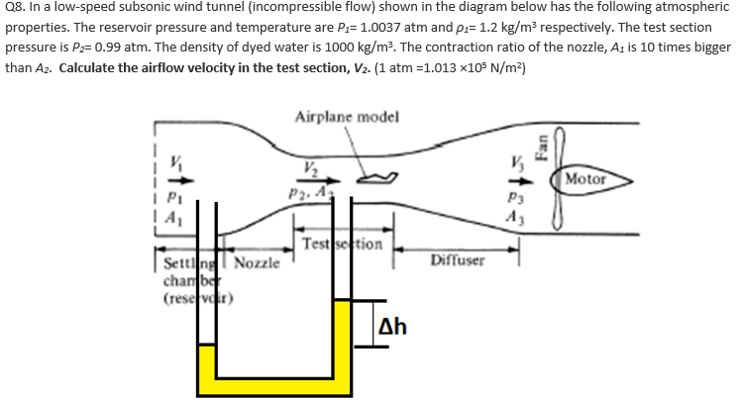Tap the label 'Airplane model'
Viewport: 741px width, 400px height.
tap(347, 117)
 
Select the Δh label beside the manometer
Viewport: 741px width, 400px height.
tap(393, 328)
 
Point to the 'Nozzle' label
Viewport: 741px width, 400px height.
tap(259, 264)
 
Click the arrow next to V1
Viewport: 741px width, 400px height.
tap(178, 182)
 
